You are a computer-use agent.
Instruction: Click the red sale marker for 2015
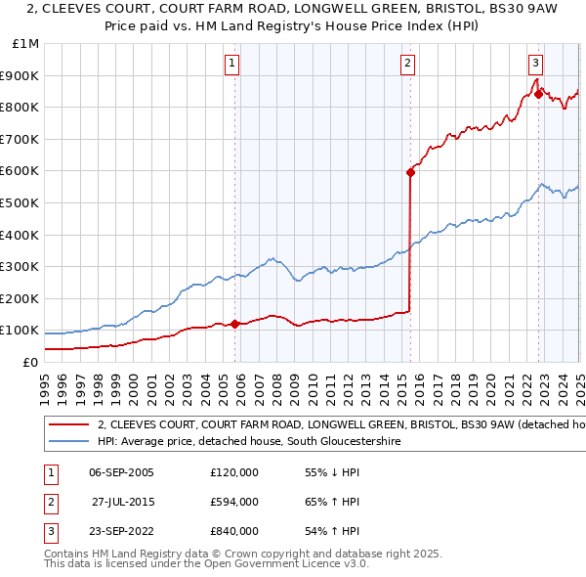410,172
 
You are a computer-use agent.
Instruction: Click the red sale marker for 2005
234,324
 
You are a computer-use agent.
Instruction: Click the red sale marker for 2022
538,94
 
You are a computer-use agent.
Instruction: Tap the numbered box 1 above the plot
231,64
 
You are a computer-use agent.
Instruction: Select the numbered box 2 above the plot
407,64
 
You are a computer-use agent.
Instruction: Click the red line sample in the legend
69,425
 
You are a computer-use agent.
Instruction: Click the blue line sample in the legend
69,442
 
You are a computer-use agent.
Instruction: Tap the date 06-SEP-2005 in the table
121,471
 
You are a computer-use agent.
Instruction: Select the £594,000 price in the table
233,502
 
